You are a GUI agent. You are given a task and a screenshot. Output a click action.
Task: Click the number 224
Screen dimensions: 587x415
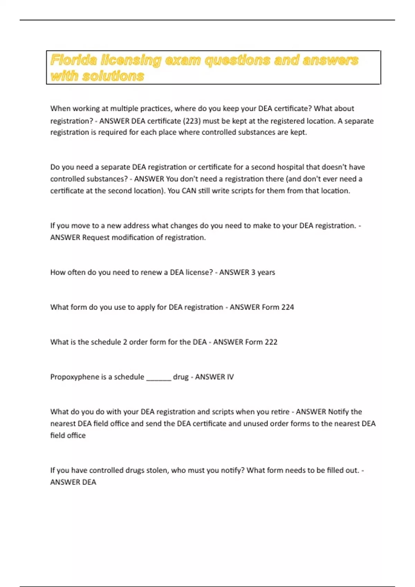[x=287, y=307]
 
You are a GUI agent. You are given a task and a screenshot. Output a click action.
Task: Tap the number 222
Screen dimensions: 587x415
[x=271, y=342]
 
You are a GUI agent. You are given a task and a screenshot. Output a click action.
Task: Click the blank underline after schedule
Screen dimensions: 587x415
[x=159, y=378]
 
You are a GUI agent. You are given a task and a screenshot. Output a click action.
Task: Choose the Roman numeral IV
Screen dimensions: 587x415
[x=230, y=377]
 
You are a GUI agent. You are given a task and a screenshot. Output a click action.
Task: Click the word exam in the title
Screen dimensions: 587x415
[x=183, y=60]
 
